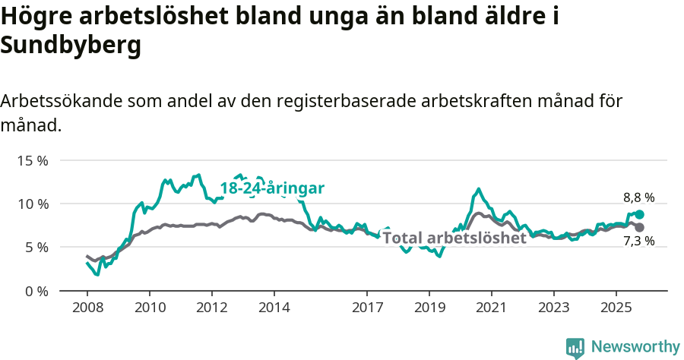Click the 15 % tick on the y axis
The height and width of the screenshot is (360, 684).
(x=33, y=161)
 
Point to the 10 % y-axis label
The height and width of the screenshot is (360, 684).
(x=33, y=204)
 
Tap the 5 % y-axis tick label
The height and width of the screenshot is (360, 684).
(x=36, y=248)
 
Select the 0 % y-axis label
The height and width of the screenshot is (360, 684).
(x=36, y=291)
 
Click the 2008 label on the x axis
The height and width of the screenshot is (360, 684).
(x=87, y=309)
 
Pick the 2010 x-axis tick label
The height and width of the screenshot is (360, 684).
(x=150, y=309)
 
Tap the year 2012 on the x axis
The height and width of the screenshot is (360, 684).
(x=212, y=309)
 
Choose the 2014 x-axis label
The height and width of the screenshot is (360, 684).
(x=274, y=309)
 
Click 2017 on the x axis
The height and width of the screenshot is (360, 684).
(x=367, y=309)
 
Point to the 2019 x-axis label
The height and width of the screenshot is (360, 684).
(x=429, y=309)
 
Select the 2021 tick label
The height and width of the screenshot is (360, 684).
(x=492, y=309)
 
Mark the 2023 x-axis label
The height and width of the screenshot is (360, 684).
(x=554, y=309)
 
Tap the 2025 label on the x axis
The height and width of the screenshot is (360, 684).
(x=616, y=309)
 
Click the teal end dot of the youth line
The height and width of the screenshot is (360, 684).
(x=639, y=215)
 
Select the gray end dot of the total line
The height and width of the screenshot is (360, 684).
(x=639, y=227)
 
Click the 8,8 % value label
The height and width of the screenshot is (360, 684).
(x=638, y=197)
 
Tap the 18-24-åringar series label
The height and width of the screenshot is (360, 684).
(x=272, y=188)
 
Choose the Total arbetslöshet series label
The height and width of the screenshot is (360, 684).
(x=454, y=238)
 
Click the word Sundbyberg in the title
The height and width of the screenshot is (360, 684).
(x=71, y=46)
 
